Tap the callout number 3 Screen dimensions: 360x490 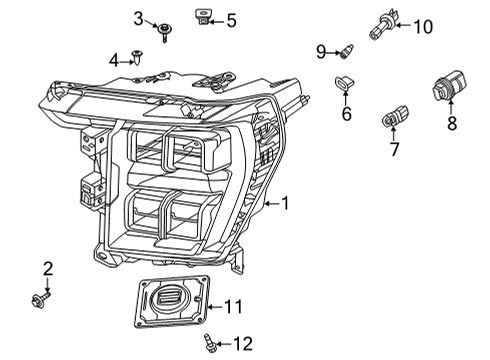tap(139, 18)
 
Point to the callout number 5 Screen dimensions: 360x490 tap(231, 19)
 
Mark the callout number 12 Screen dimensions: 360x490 tap(242, 344)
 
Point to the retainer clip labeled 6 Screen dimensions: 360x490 tap(345, 83)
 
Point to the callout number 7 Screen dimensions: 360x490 tap(394, 149)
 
